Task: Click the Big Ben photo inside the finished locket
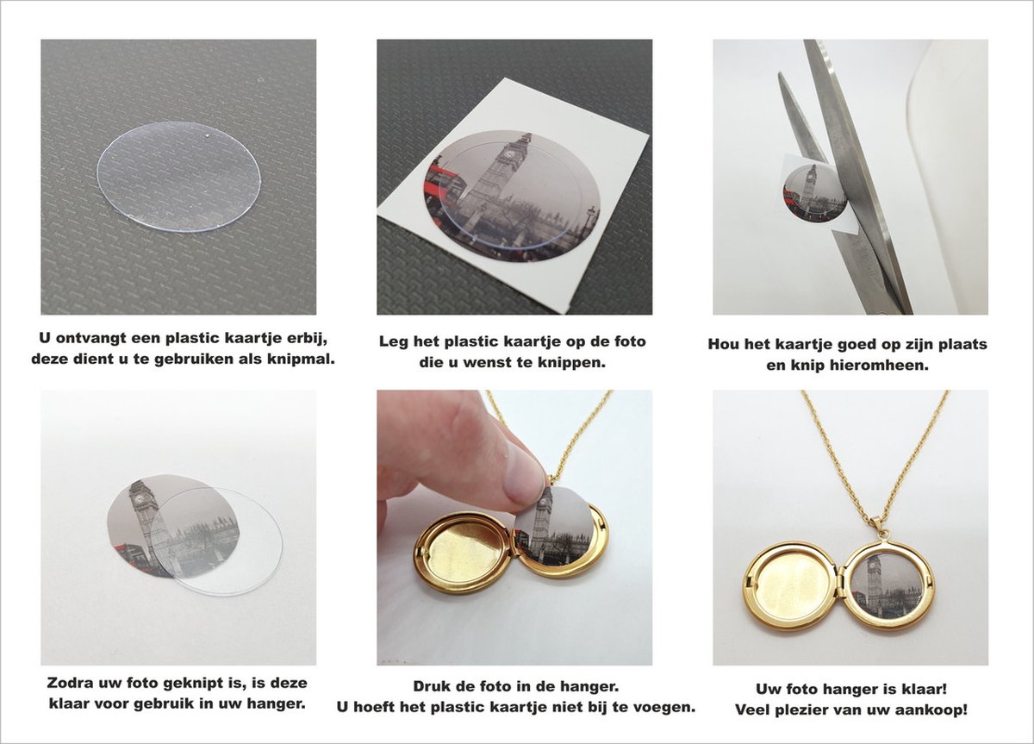coord(886,585)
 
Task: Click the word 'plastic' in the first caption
coord(185,337)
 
